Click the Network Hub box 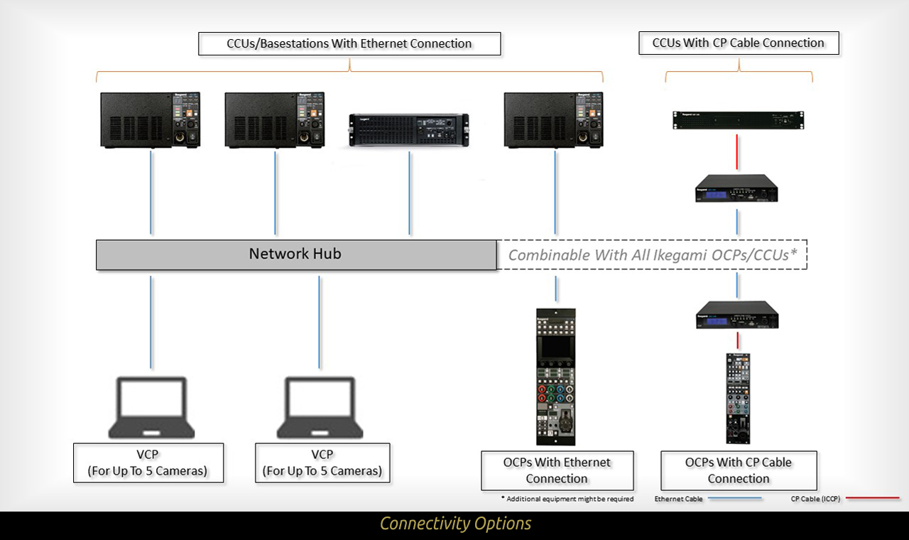tap(296, 254)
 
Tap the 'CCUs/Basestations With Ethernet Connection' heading tap(349, 43)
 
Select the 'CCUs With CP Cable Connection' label tap(738, 43)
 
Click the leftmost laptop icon tap(151, 407)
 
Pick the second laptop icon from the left tap(320, 407)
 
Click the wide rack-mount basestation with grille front tap(409, 131)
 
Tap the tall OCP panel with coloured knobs tap(556, 377)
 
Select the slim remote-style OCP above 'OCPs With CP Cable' tap(738, 398)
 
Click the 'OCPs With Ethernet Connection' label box tap(557, 470)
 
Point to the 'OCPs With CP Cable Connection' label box tap(739, 470)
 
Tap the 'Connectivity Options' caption tap(455, 524)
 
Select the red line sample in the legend tap(872, 499)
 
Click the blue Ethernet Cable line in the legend tap(735, 499)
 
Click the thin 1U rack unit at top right tap(738, 120)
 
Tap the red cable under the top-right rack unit tap(738, 155)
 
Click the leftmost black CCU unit tap(151, 119)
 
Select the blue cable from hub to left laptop tap(151, 322)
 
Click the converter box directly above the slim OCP tap(737, 315)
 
